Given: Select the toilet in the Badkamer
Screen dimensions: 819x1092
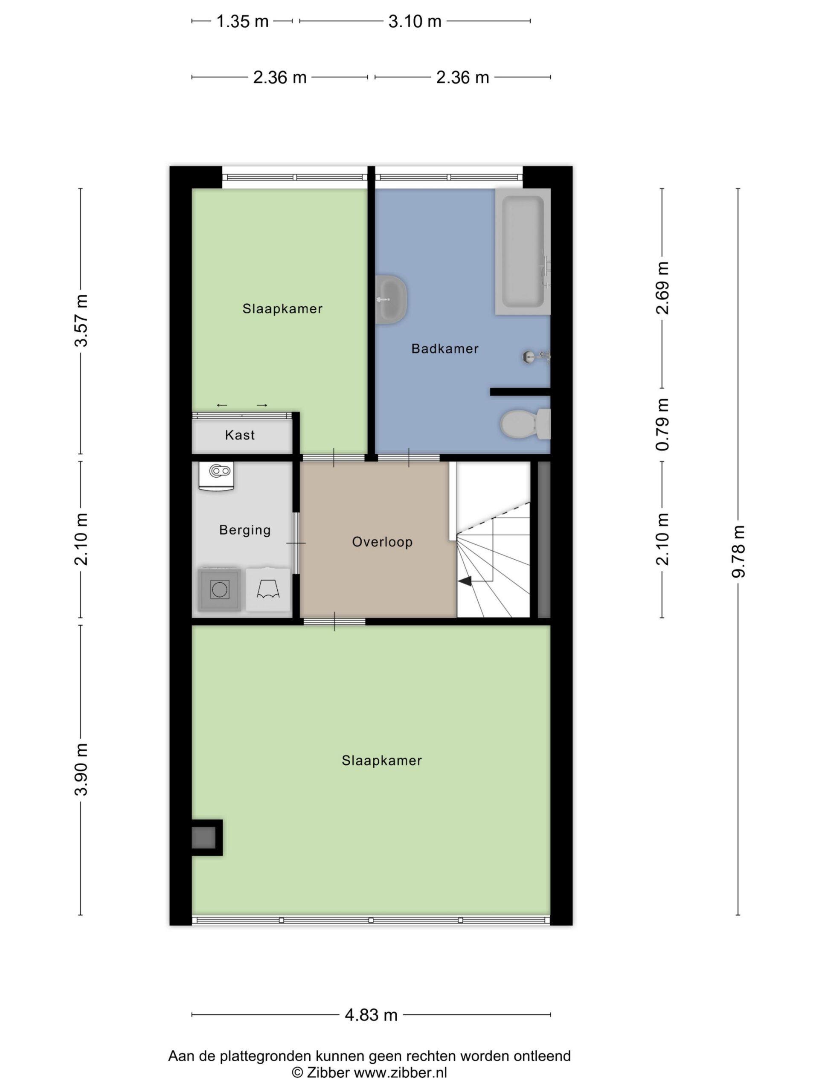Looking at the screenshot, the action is [525, 424].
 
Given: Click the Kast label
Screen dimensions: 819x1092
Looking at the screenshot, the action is [240, 435].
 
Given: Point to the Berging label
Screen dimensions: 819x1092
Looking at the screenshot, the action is [245, 530].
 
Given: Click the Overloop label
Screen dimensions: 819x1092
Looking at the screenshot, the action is [382, 542].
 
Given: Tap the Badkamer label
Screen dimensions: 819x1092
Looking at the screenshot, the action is [445, 349].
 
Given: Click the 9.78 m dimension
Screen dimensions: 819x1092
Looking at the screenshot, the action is [738, 552].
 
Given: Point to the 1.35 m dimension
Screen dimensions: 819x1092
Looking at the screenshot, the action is [242, 21].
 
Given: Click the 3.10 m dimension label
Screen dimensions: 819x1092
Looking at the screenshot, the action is [415, 21].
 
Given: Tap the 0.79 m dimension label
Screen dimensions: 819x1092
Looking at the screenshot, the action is [662, 424].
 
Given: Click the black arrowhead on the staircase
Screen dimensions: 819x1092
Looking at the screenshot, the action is [465, 581].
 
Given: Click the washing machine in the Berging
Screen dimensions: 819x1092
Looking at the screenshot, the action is [219, 589].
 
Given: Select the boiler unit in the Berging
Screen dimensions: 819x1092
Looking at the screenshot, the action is [216, 476].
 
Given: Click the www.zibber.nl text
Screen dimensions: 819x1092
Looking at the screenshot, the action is [401, 1072].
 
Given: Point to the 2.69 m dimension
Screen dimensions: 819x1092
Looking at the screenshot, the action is [662, 288].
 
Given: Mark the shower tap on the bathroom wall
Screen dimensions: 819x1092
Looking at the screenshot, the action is [536, 356].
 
